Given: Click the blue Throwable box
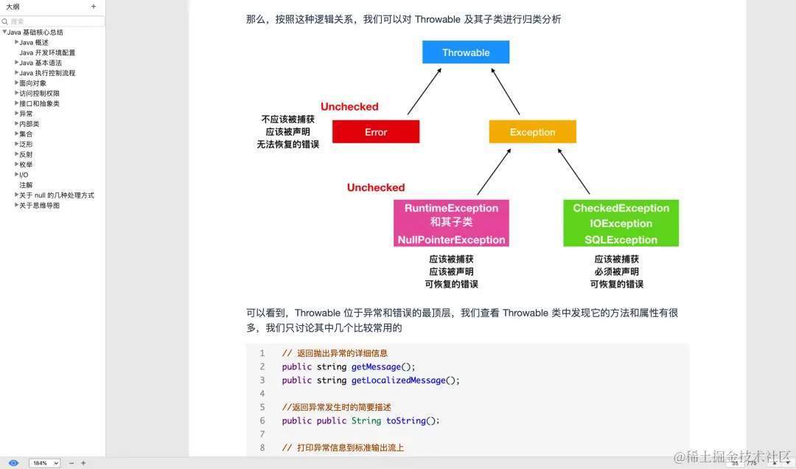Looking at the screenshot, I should tap(466, 52).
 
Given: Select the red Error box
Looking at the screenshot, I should tap(376, 132).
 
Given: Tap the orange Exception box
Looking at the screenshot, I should tap(532, 132).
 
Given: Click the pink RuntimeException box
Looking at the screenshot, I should tap(451, 223).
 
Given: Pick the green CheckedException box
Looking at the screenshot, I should tap(621, 223).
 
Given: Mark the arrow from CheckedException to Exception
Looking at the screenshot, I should tap(573, 172).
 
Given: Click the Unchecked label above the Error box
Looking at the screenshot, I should tap(349, 107).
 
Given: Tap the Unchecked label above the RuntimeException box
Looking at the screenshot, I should tap(376, 188).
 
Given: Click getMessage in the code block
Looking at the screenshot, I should tap(376, 366).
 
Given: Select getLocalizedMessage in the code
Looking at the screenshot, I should tap(398, 381).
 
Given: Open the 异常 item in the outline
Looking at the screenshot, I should tap(26, 114).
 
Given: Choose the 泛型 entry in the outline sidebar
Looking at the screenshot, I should tap(26, 145).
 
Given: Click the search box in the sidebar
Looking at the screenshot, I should tap(55, 22).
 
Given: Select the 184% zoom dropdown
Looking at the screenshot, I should tap(44, 463).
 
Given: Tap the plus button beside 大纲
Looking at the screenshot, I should tap(94, 7).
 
